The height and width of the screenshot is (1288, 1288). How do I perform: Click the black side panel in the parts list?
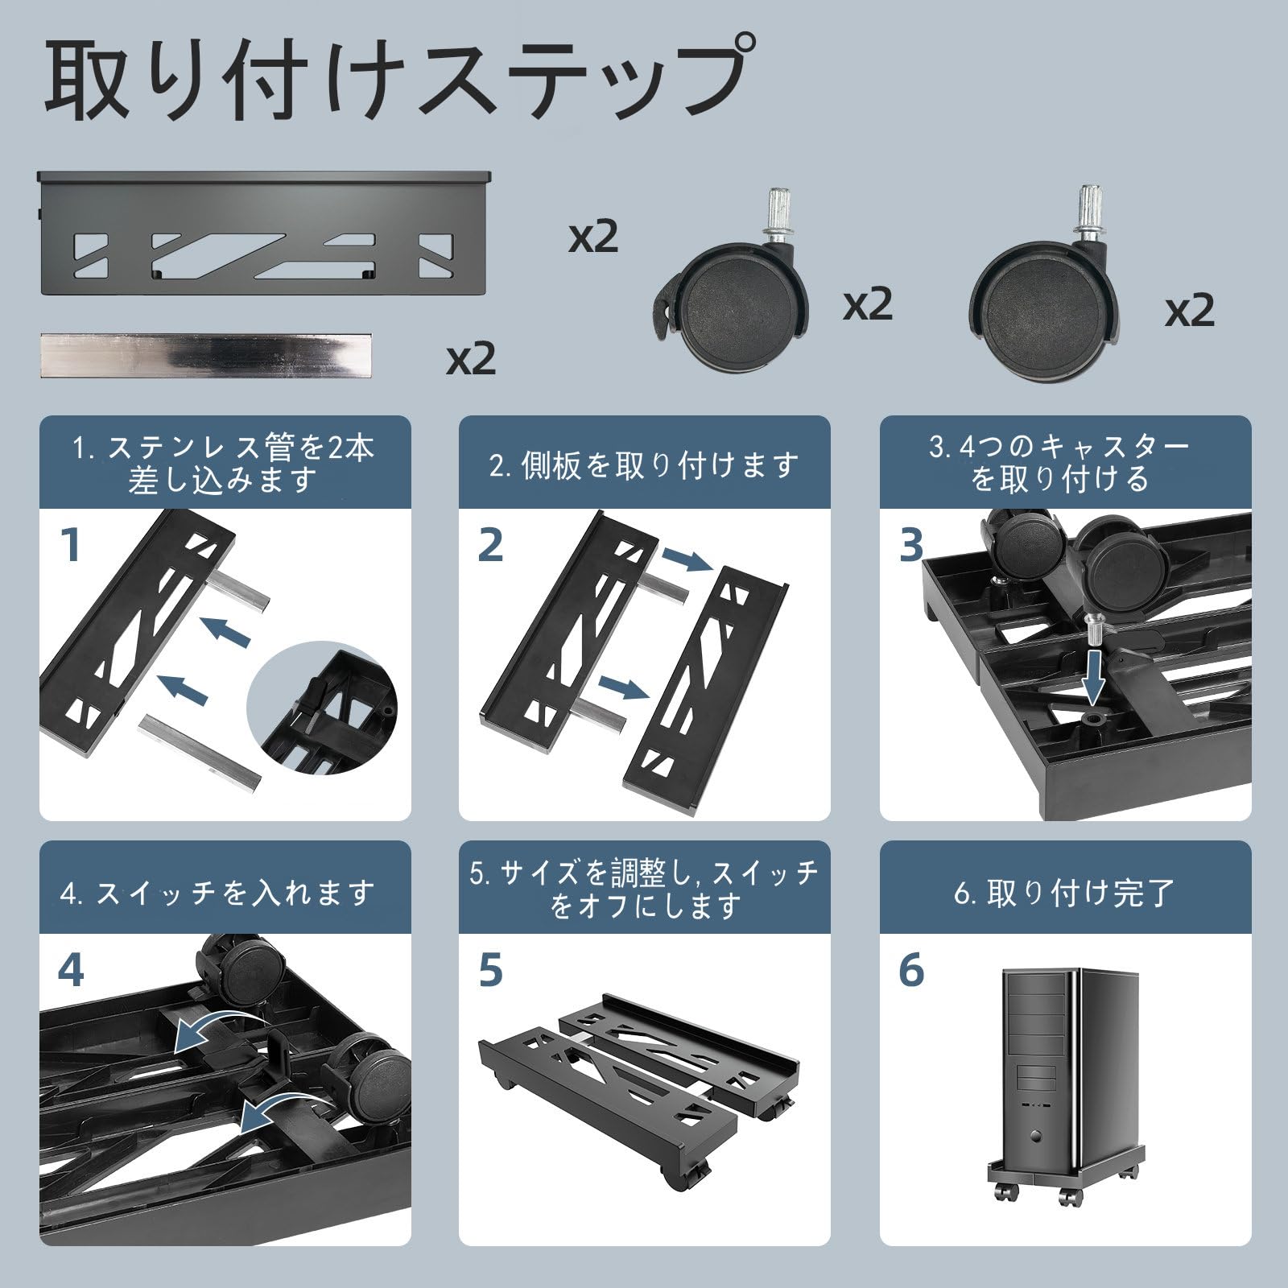265,233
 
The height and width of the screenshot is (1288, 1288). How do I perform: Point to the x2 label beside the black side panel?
592,238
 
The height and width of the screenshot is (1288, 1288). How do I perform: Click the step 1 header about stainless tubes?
225,463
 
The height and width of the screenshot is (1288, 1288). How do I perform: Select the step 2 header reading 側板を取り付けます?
644,465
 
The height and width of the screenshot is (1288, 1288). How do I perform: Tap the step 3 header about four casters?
1064,463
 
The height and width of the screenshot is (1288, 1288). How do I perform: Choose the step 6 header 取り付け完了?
1064,892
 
